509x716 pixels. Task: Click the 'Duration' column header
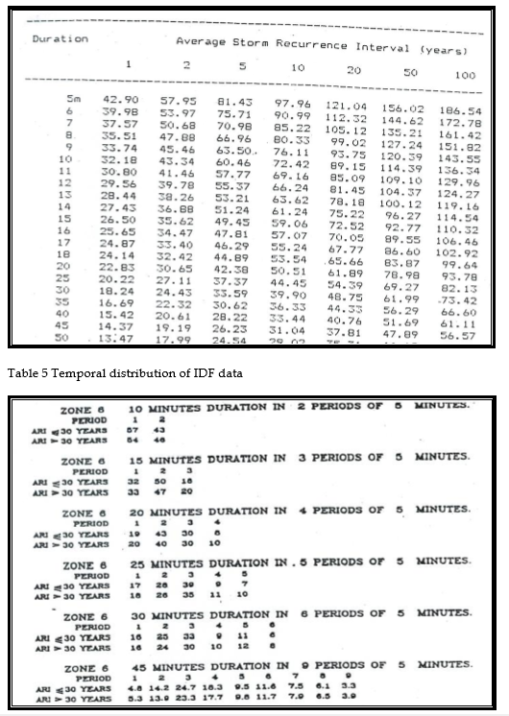click(60, 39)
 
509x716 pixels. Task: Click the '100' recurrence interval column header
click(465, 74)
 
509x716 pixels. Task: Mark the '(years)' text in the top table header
click(443, 49)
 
